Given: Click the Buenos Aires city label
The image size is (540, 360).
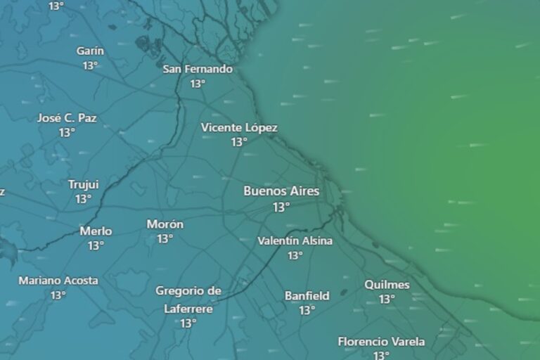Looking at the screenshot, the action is [x=281, y=191].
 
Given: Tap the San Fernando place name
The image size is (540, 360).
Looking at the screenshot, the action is [x=198, y=69].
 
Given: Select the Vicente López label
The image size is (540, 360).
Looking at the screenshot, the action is [x=239, y=127].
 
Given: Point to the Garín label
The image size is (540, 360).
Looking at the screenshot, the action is [x=90, y=51].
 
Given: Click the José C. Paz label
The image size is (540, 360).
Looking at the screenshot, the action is [x=67, y=117].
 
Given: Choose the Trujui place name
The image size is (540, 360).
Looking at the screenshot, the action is [x=83, y=184].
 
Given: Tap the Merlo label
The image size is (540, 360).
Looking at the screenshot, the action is [x=96, y=231].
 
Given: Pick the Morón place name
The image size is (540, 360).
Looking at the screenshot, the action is [x=165, y=224].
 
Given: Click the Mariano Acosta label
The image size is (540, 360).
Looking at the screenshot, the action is [x=58, y=280].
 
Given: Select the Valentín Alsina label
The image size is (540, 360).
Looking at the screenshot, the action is [x=295, y=240].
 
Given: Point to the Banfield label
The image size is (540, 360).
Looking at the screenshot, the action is [x=307, y=295].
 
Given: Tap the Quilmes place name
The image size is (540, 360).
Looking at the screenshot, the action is [x=387, y=284].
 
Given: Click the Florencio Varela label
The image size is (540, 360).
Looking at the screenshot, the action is [x=381, y=342].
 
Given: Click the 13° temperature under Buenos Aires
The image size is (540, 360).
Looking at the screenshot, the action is [x=281, y=207].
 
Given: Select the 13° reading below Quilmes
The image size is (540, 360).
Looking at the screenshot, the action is [x=387, y=299].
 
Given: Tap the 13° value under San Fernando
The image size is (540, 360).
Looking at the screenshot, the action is [x=198, y=84].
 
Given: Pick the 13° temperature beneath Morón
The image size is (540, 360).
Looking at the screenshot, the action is [x=165, y=239].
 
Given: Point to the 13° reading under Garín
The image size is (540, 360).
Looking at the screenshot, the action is [x=90, y=65].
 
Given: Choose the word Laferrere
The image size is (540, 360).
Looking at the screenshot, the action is [x=188, y=308].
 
